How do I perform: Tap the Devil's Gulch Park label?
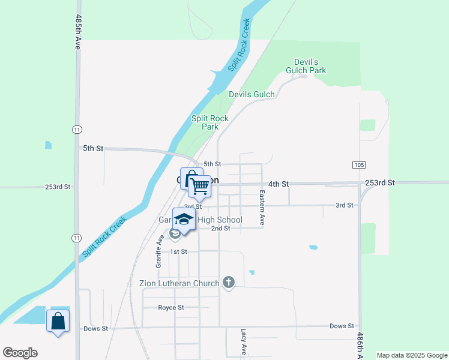tap(310, 66)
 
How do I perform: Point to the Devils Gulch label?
tap(252, 94)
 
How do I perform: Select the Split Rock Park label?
tap(209, 122)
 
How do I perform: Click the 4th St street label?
tap(279, 184)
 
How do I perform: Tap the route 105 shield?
tap(359, 164)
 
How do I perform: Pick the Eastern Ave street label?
tap(262, 208)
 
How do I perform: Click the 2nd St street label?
tap(221, 229)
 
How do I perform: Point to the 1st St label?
tap(179, 251)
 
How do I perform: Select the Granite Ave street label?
tap(160, 251)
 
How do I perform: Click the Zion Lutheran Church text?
tap(178, 283)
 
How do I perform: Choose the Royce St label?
tap(170, 308)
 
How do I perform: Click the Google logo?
tap(20, 353)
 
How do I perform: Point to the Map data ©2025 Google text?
tap(411, 355)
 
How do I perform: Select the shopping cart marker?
tap(200, 186)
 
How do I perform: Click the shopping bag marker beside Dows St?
tap(58, 321)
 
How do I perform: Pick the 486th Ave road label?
tap(360, 346)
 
